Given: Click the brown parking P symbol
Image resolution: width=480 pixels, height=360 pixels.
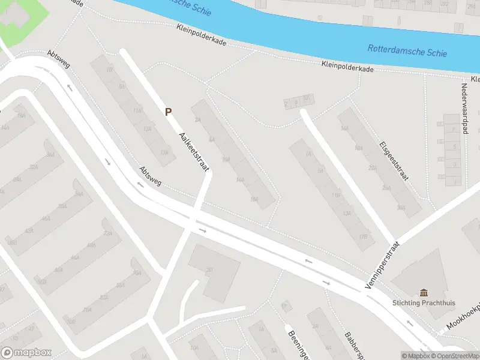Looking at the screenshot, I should pos(169,111).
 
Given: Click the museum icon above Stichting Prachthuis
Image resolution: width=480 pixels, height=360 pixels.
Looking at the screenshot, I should pos(424,292).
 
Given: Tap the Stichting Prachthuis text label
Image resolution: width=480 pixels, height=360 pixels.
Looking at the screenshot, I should pos(424,303).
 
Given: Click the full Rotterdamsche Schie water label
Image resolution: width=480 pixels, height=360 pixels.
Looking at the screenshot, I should pos(407,51).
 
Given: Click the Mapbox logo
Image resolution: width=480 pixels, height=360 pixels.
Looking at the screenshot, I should pos(26,352).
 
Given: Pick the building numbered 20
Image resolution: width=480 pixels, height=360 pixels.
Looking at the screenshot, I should pos(209,269).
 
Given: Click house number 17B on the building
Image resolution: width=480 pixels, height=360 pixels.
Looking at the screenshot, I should pos(362,236).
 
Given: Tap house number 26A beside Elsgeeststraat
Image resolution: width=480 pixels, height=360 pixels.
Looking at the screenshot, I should pos(401,208).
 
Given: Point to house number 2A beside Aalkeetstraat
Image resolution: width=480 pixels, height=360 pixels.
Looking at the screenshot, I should pos(197,119).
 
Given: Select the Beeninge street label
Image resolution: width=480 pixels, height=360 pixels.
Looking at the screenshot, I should pos(298,344).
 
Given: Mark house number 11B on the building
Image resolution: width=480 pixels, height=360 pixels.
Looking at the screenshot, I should pos(336,194).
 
